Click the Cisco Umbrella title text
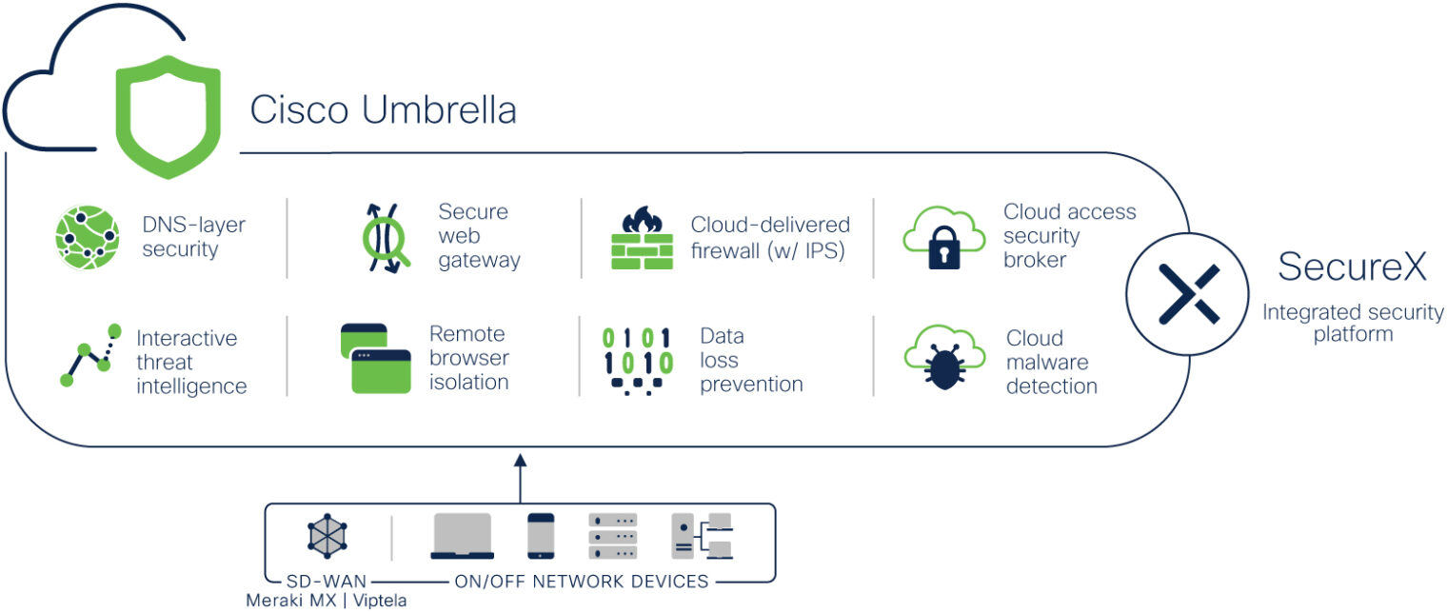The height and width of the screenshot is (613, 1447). pyautogui.click(x=383, y=110)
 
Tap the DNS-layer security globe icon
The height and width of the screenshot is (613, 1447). pyautogui.click(x=87, y=237)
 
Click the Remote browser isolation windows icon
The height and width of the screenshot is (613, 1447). pyautogui.click(x=375, y=359)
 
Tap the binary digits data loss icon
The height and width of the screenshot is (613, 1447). pyautogui.click(x=637, y=361)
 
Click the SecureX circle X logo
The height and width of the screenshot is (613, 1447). pyautogui.click(x=1188, y=293)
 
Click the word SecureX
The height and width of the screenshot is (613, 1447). pyautogui.click(x=1352, y=267)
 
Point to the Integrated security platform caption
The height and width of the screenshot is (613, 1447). pyautogui.click(x=1353, y=323)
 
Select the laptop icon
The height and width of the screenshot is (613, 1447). pyautogui.click(x=463, y=536)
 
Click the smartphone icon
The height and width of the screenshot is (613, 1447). pyautogui.click(x=541, y=536)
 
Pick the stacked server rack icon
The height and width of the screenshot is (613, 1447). pyautogui.click(x=612, y=536)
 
